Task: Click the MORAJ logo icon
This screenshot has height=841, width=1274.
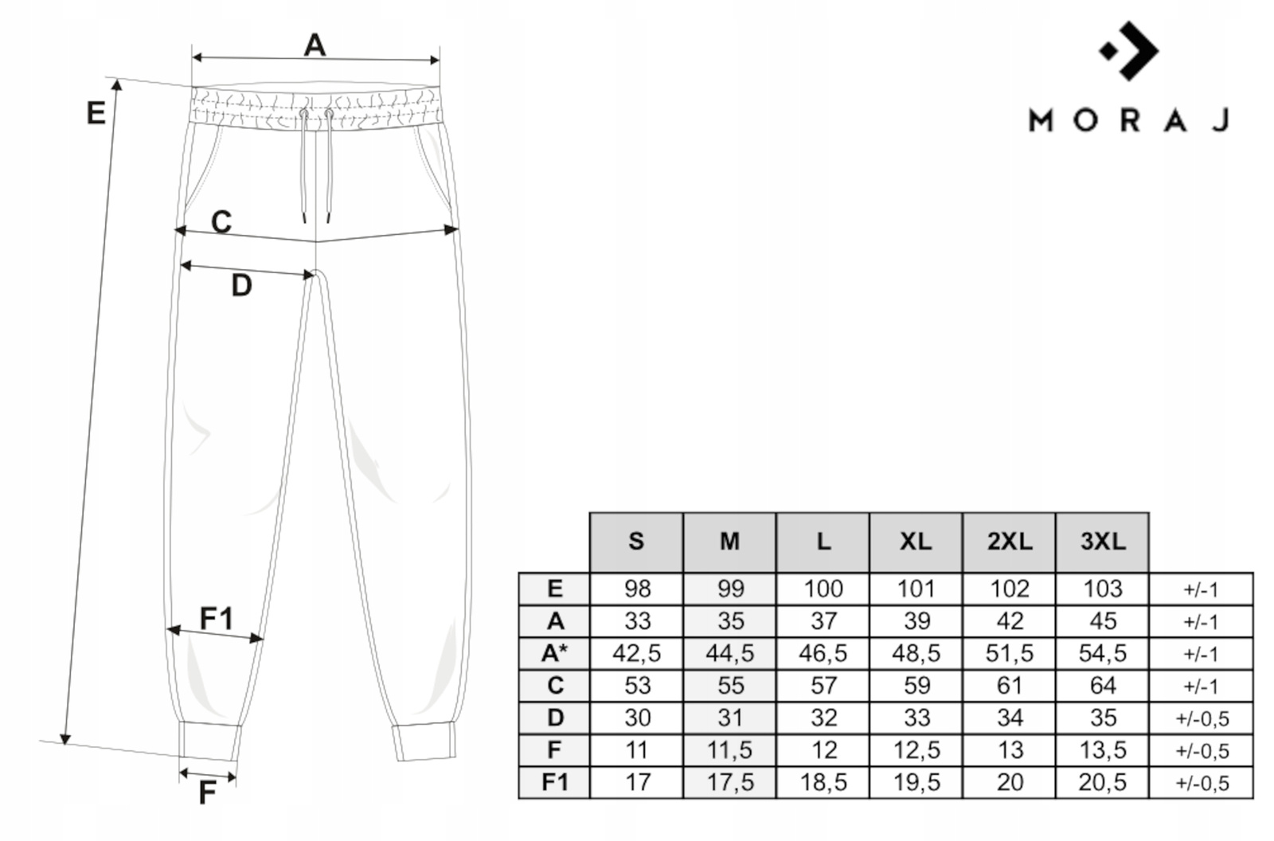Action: pyautogui.click(x=1129, y=50)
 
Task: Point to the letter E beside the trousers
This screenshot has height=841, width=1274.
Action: pyautogui.click(x=96, y=113)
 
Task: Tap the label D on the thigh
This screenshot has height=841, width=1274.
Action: pyautogui.click(x=241, y=285)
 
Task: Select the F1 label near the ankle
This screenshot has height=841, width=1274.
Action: pyautogui.click(x=216, y=618)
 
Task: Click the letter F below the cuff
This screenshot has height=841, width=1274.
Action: pyautogui.click(x=206, y=793)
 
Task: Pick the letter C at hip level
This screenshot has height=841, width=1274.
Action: pyautogui.click(x=221, y=221)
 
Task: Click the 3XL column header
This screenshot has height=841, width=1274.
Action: pyautogui.click(x=1102, y=542)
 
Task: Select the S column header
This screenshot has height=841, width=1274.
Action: pyautogui.click(x=635, y=542)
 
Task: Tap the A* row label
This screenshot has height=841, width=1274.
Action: pyautogui.click(x=554, y=653)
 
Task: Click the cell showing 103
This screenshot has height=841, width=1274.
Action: pyautogui.click(x=1102, y=589)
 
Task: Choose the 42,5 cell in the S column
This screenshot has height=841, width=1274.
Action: pyautogui.click(x=636, y=653)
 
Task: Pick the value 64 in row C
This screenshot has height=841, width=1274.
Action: pyautogui.click(x=1102, y=685)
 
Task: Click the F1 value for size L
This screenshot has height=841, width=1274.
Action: pyautogui.click(x=823, y=782)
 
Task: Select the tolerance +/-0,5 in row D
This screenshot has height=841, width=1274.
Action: pyautogui.click(x=1201, y=718)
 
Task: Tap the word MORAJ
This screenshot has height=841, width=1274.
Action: pyautogui.click(x=1129, y=120)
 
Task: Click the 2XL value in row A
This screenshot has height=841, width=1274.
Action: pyautogui.click(x=1009, y=620)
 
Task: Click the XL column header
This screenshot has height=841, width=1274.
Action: pyautogui.click(x=916, y=542)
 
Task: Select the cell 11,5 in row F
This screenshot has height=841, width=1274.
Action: pyautogui.click(x=729, y=749)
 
